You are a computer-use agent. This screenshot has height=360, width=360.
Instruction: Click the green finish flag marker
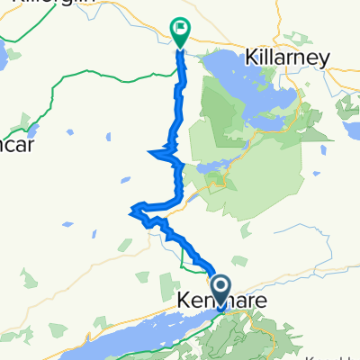(180, 31)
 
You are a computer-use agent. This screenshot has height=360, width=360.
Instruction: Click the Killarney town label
(286, 58)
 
